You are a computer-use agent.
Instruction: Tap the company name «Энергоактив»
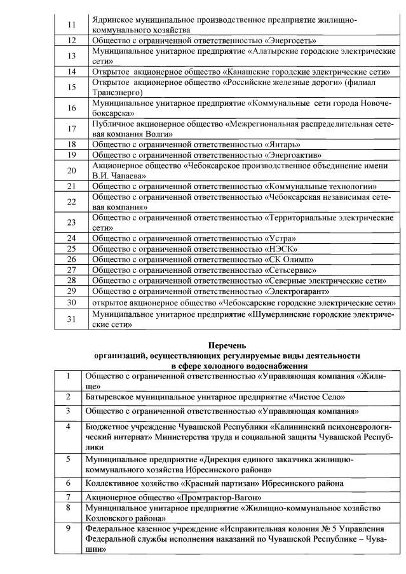tap(293, 154)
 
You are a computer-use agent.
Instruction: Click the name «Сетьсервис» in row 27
tap(292, 270)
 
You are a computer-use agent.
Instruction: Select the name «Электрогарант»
tap(297, 291)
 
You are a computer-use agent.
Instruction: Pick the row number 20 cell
tap(71, 170)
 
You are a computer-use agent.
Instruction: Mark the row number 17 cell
tap(71, 129)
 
